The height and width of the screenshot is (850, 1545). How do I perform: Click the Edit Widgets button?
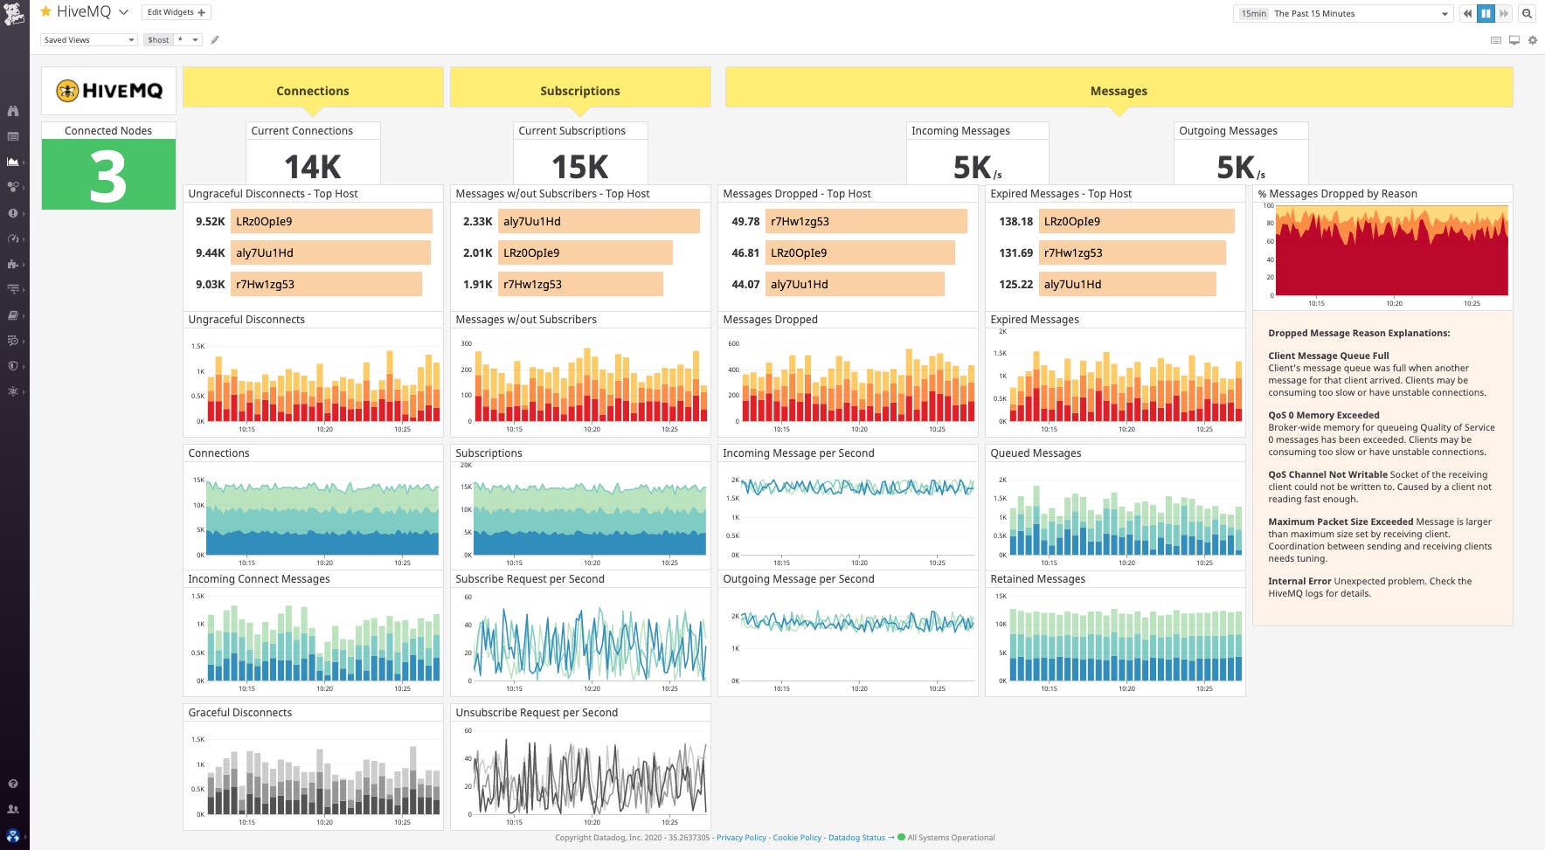pyautogui.click(x=176, y=12)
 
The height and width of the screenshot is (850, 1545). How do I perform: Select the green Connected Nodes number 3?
pyautogui.click(x=108, y=176)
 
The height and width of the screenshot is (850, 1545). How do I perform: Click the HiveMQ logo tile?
pyautogui.click(x=109, y=90)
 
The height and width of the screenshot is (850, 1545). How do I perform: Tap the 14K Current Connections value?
pyautogui.click(x=313, y=166)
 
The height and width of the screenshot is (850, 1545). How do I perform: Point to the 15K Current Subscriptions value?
pyautogui.click(x=579, y=166)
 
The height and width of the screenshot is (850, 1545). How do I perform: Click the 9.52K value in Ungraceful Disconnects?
pyautogui.click(x=210, y=222)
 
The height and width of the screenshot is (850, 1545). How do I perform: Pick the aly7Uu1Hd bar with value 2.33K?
pyautogui.click(x=599, y=221)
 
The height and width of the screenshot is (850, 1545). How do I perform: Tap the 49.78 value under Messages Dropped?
pyautogui.click(x=745, y=222)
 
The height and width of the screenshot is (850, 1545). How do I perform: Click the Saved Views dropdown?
pyautogui.click(x=88, y=39)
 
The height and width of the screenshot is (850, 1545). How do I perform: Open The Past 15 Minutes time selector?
pyautogui.click(x=1341, y=13)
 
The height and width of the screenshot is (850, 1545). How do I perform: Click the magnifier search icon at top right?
pyautogui.click(x=1527, y=13)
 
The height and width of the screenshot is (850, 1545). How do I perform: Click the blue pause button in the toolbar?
pyautogui.click(x=1486, y=13)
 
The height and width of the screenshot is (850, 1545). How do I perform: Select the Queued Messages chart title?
pyautogui.click(x=1036, y=453)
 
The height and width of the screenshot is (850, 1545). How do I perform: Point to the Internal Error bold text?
pyautogui.click(x=1299, y=581)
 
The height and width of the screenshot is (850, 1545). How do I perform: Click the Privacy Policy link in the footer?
pyautogui.click(x=741, y=838)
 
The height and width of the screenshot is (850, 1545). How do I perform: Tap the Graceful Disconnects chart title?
pyautogui.click(x=240, y=713)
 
